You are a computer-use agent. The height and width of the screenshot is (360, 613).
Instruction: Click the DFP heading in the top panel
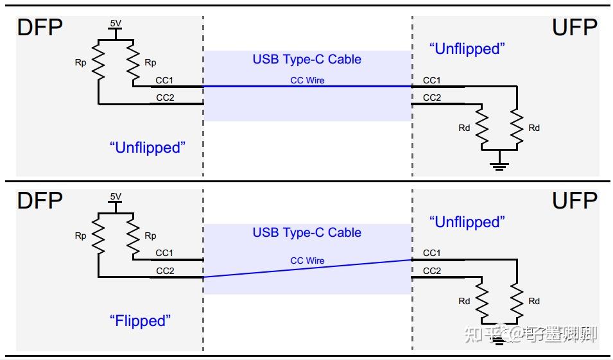pos(40,28)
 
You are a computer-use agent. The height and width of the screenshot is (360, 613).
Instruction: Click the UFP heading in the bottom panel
pos(574,201)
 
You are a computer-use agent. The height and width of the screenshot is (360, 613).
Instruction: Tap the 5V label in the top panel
pos(115,23)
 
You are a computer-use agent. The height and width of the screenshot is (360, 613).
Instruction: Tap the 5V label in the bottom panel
pos(115,196)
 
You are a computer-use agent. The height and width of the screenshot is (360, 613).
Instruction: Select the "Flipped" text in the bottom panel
pos(141,320)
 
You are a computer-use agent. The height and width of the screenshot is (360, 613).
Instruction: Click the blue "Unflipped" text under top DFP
pos(147,148)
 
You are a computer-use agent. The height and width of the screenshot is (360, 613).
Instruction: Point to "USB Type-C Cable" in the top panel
pos(307,60)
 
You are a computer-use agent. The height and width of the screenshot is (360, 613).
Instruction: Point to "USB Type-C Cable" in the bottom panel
pos(307,232)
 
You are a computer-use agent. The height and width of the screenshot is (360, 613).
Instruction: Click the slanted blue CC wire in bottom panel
pos(307,269)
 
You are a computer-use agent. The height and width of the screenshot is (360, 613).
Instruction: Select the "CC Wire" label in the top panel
pos(307,81)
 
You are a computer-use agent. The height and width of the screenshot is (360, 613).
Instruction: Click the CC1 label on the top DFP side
pos(164,81)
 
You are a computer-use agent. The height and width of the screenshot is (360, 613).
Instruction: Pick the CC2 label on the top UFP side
pos(432,98)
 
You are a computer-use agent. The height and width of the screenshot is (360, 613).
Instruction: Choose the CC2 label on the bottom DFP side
pos(165,271)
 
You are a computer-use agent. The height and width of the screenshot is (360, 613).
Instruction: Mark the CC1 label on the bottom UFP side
pos(432,253)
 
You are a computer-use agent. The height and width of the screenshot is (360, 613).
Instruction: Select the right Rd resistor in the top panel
pos(515,128)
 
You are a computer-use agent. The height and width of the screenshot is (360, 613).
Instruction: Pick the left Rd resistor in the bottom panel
pos(481,301)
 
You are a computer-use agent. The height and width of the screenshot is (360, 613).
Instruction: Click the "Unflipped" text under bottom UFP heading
pos(467,222)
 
